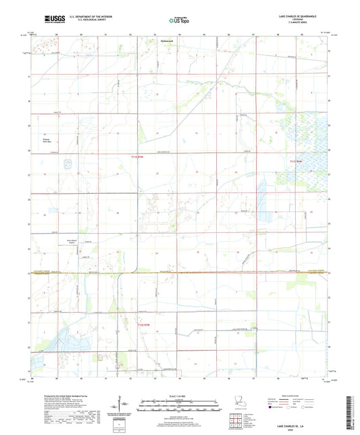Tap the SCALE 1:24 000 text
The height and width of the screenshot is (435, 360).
[179, 396]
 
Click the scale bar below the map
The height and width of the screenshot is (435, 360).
[179, 406]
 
